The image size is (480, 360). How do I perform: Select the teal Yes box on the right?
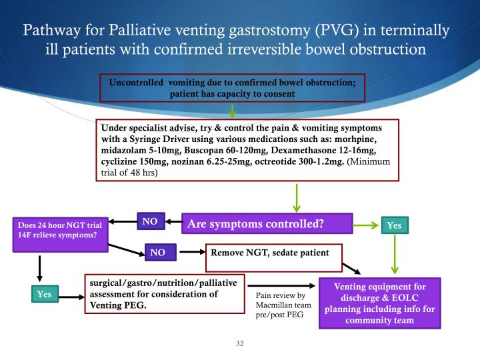[x=394, y=226]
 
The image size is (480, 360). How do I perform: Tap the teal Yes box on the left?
[x=45, y=293]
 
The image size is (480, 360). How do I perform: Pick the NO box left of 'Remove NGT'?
[x=158, y=252]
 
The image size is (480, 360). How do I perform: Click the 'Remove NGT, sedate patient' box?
[x=274, y=253]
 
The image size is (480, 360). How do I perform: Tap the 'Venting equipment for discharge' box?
[x=388, y=303]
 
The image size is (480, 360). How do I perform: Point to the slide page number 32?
[x=240, y=344]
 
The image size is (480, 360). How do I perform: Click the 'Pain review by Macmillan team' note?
[x=281, y=305]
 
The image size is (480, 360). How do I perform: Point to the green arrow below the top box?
[x=233, y=112]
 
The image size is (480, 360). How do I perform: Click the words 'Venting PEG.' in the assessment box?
[x=118, y=305]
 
